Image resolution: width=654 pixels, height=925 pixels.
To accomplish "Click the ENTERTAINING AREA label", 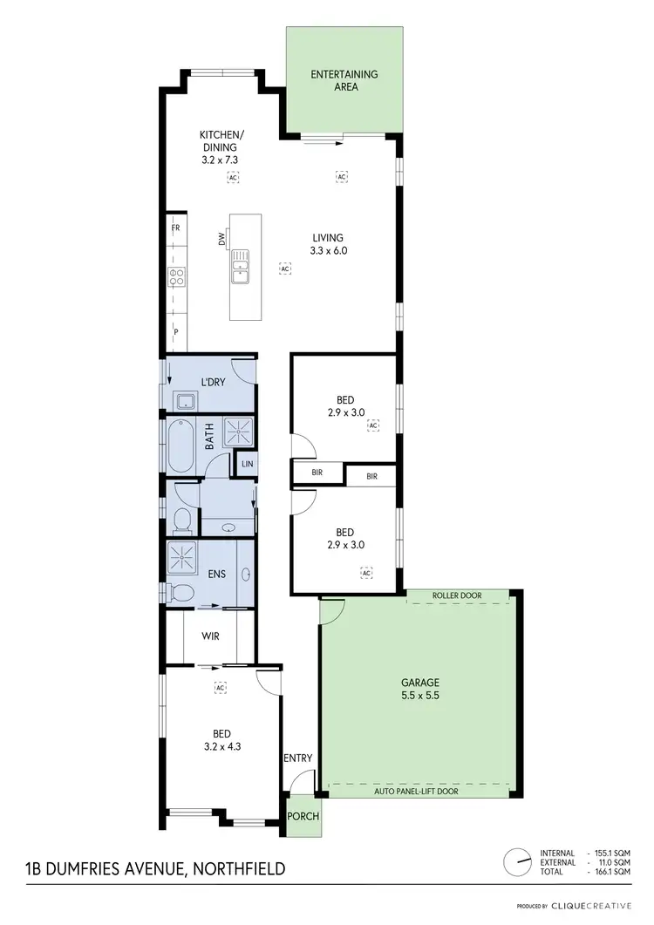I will tap(344, 80).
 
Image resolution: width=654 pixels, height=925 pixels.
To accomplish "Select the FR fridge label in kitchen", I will tap(175, 228).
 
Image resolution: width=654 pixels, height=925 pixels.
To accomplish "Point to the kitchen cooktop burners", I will tap(175, 277).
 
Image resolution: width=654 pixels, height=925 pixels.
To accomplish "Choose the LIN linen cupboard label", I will tap(247, 466).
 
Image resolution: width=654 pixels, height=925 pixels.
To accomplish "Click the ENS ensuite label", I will tap(215, 574).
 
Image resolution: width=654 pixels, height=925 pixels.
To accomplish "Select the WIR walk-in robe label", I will tap(210, 636).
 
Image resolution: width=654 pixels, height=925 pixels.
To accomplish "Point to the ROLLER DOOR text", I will tap(457, 596).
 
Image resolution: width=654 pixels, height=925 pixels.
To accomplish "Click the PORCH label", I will tap(303, 817).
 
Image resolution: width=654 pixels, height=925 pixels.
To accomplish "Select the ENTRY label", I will tap(297, 758).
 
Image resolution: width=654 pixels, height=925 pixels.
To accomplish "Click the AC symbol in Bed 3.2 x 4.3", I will tap(220, 688).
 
